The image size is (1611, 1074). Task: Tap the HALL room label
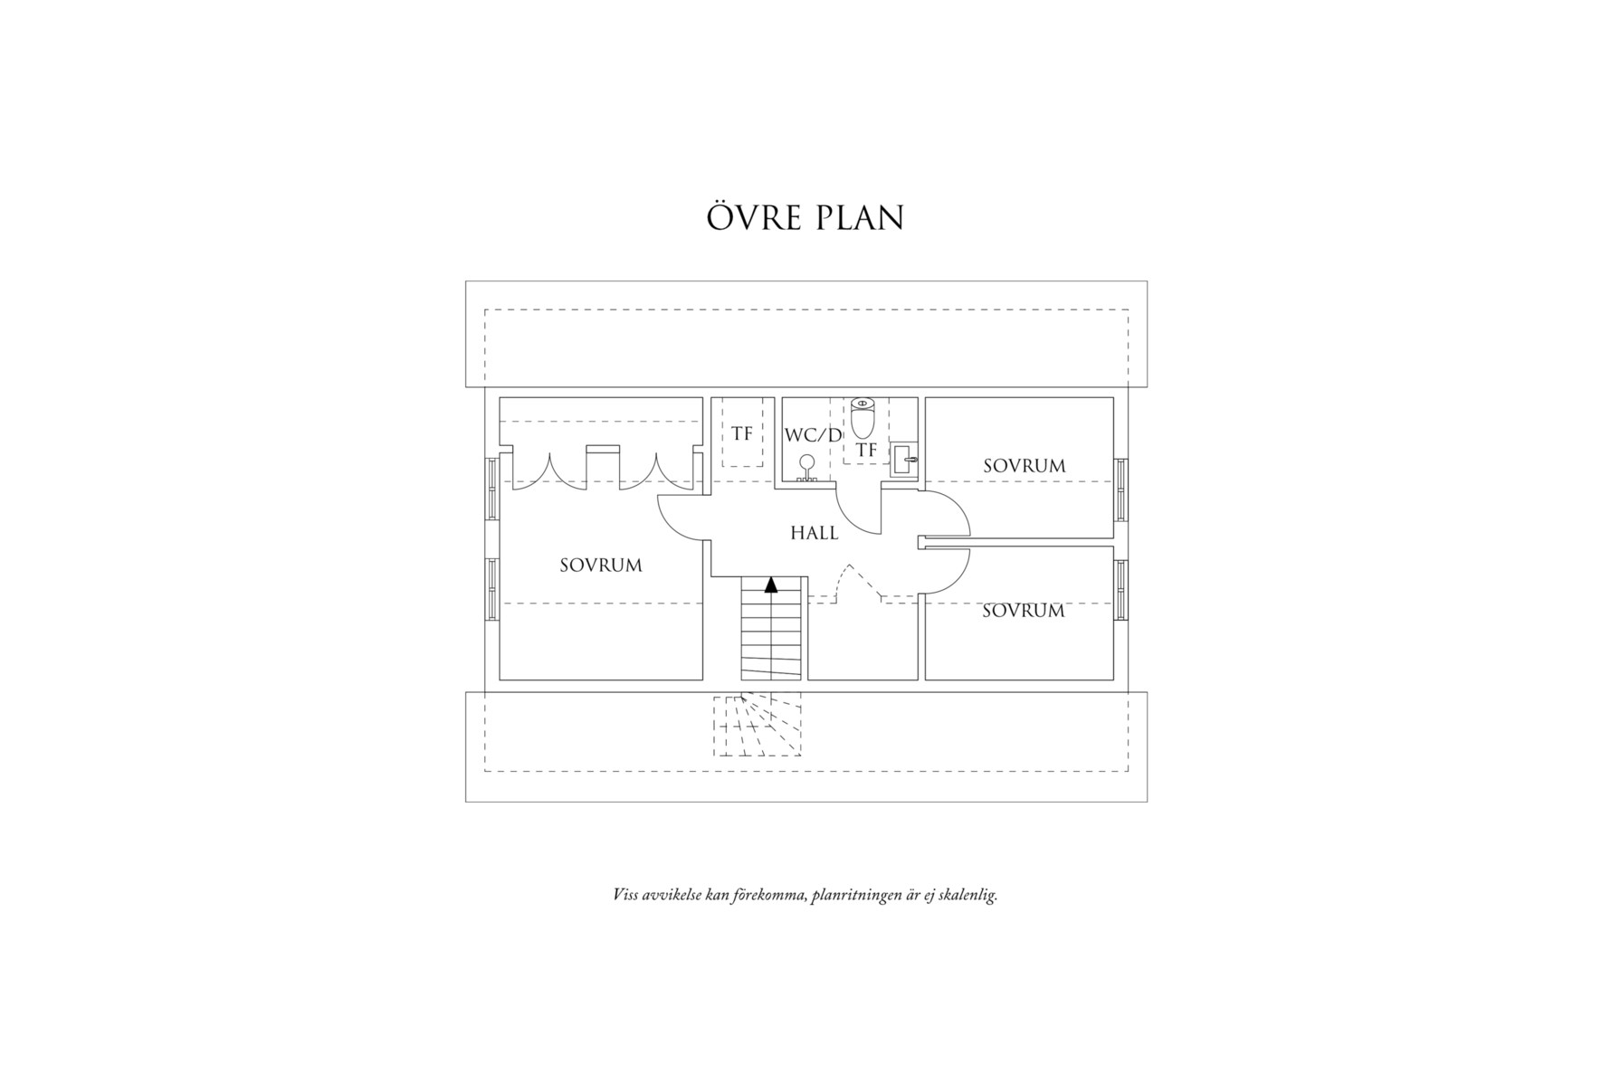click(815, 533)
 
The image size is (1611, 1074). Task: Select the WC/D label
click(813, 435)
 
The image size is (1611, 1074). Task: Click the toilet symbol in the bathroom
click(863, 418)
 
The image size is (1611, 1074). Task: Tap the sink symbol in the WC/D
click(903, 460)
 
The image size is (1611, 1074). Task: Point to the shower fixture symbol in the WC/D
click(805, 468)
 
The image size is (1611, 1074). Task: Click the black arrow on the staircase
click(771, 585)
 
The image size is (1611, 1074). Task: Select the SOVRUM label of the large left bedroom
click(600, 566)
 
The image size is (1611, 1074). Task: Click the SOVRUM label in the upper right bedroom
click(1024, 466)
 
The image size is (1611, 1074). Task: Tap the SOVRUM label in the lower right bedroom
click(1023, 611)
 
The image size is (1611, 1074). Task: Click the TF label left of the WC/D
click(742, 434)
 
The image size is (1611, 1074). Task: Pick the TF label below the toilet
click(866, 450)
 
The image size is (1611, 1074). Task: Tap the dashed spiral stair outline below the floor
click(758, 726)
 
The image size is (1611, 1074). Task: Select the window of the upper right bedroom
click(1121, 489)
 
